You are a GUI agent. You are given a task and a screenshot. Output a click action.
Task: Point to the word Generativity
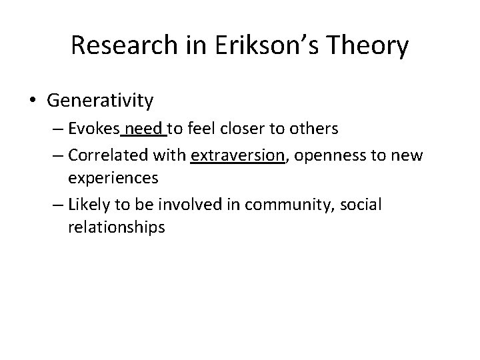tap(100, 101)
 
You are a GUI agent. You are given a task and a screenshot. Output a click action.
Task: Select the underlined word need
tap(146, 129)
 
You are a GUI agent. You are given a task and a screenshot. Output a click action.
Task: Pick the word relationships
tap(116, 226)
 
